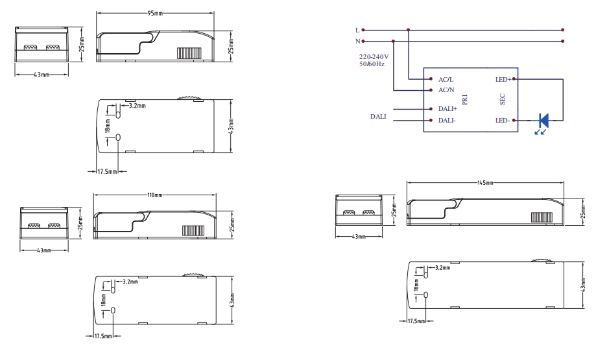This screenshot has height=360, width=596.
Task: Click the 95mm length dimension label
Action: click(x=155, y=14)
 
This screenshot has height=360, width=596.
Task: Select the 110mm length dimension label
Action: click(x=155, y=195)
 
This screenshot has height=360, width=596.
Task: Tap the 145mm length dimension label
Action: click(x=485, y=183)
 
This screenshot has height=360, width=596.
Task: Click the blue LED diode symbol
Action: click(x=543, y=121)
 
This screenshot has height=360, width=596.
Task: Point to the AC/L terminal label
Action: click(x=446, y=79)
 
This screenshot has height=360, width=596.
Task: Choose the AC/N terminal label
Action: click(x=446, y=90)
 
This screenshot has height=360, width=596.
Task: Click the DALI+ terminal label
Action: click(x=447, y=109)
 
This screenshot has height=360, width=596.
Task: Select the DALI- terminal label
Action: click(x=447, y=121)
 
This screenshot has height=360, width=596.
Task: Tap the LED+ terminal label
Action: click(x=503, y=79)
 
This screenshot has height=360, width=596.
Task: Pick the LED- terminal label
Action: click(x=503, y=121)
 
